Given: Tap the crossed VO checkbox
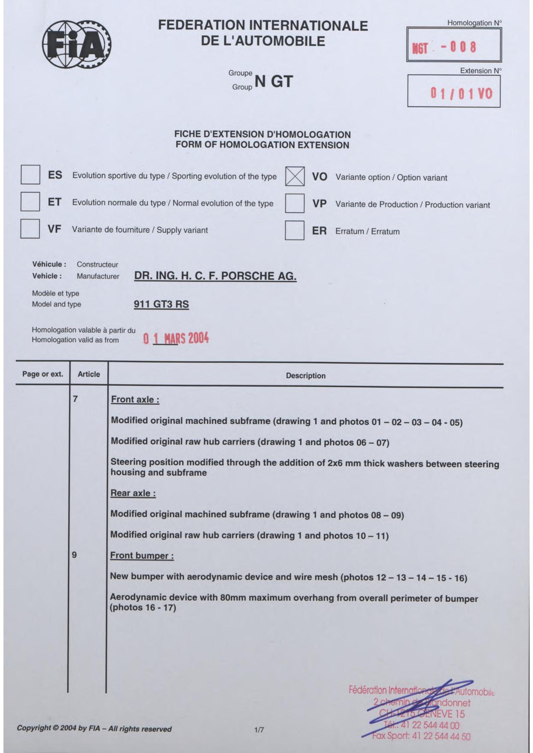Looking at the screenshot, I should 295,176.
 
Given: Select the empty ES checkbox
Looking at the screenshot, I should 30,175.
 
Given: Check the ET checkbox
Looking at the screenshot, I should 30,202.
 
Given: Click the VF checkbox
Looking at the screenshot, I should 30,228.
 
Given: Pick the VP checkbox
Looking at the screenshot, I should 295,203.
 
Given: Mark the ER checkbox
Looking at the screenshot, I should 295,231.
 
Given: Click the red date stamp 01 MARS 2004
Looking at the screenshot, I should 176,339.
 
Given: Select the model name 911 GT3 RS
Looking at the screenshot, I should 161,304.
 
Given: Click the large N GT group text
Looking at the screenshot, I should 274,81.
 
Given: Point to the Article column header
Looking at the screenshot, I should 88,374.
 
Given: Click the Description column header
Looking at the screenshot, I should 305,376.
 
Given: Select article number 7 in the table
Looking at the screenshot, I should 75,399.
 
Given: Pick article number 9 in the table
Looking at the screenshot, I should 74,555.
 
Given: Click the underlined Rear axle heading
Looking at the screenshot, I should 133,493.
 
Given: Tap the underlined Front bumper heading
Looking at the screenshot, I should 142,556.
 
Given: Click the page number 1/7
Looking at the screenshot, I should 259,729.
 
